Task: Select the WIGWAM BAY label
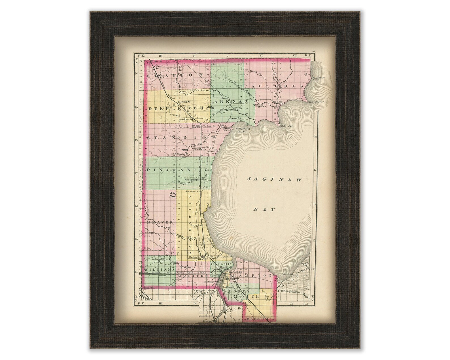pyautogui.click(x=242, y=130)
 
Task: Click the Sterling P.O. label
pyautogui.click(x=184, y=102)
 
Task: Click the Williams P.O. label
pyautogui.click(x=158, y=259)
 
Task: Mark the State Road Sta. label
pyautogui.click(x=193, y=192)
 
